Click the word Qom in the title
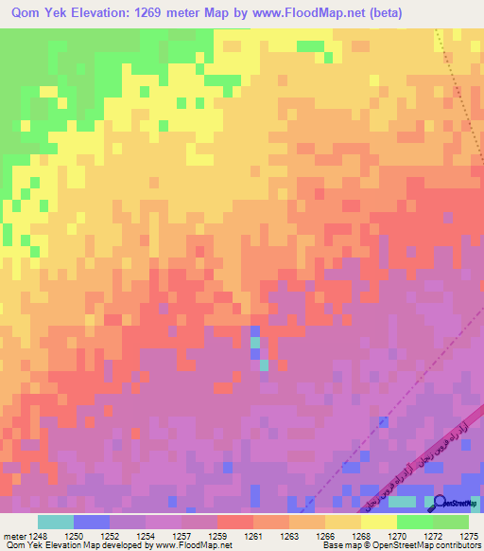pyautogui.click(x=22, y=13)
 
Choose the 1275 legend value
pyautogui.click(x=469, y=537)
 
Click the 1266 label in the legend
pyautogui.click(x=326, y=537)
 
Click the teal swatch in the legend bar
pyautogui.click(x=56, y=522)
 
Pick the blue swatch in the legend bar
pyautogui.click(x=92, y=522)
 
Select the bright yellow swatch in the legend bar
pyautogui.click(x=379, y=522)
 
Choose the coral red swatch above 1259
pyautogui.click(x=235, y=522)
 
